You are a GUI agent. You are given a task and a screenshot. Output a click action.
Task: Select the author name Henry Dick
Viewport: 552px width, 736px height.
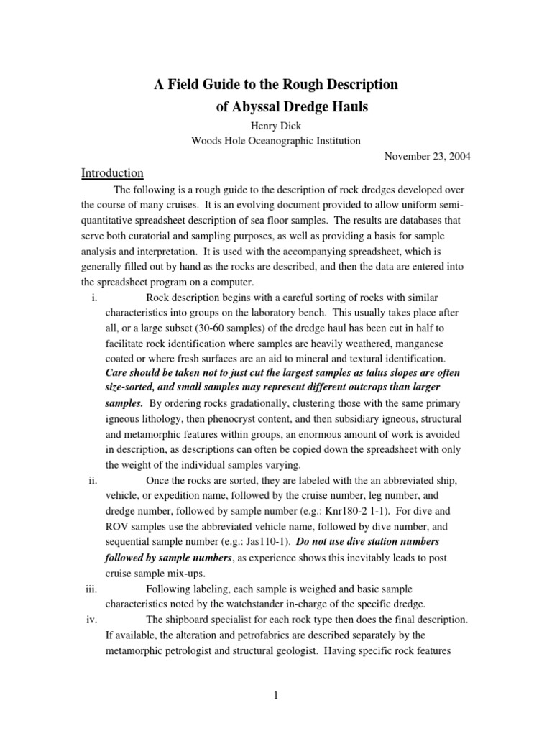(x=275, y=126)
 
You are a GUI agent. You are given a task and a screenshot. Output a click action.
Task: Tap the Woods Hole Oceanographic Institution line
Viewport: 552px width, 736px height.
(x=275, y=141)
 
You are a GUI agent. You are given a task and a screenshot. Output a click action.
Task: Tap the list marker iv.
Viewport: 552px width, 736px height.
(x=92, y=620)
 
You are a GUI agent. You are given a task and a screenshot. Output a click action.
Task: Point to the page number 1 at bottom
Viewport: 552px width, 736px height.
(x=275, y=696)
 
